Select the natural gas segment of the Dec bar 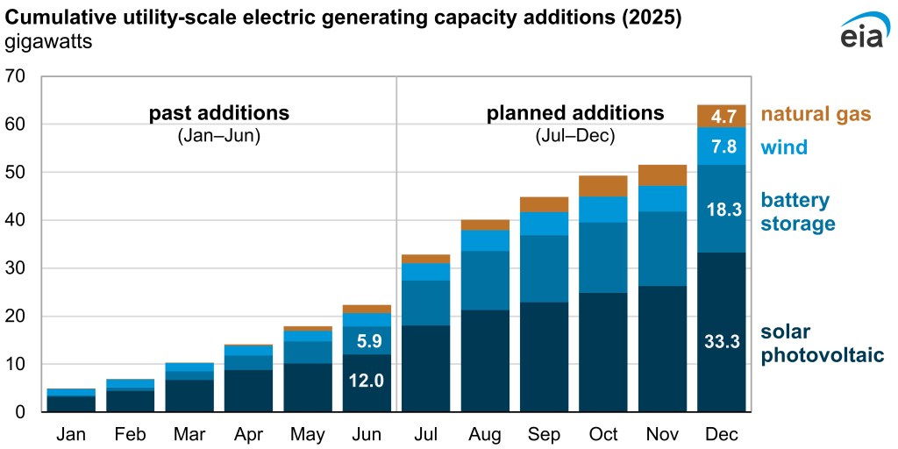(x=721, y=116)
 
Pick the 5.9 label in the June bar (x=367, y=339)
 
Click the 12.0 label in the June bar (x=367, y=381)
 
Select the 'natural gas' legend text (x=816, y=114)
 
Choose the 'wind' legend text (x=784, y=147)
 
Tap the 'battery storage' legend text (x=798, y=212)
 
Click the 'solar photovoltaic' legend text (x=822, y=344)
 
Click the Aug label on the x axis (x=485, y=435)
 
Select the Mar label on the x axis (x=189, y=435)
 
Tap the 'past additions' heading (x=218, y=113)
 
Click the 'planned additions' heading (x=575, y=113)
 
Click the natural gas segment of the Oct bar (x=603, y=186)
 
